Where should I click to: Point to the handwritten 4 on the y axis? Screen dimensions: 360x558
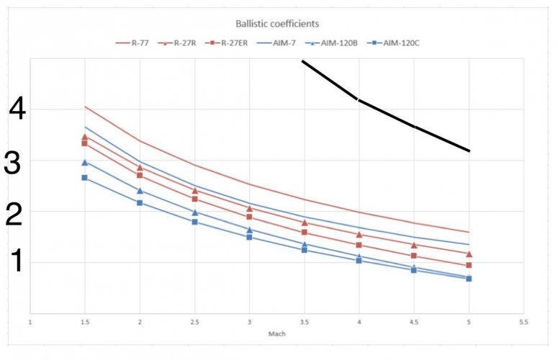[x=18, y=111]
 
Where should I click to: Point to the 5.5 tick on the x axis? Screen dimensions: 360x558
[x=524, y=323]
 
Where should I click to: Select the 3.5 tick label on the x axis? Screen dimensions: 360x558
[x=304, y=323]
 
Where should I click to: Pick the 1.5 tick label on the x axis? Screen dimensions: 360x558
[x=84, y=323]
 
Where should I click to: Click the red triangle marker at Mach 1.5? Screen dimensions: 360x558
[x=84, y=137]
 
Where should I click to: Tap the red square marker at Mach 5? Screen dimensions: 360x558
[x=469, y=266]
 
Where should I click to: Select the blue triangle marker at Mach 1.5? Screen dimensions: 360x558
[x=84, y=163]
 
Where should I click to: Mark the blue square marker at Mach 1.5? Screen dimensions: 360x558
[x=84, y=177]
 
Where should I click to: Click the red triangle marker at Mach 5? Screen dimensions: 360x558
[x=469, y=254]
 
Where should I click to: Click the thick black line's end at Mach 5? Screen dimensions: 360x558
[x=469, y=150]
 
